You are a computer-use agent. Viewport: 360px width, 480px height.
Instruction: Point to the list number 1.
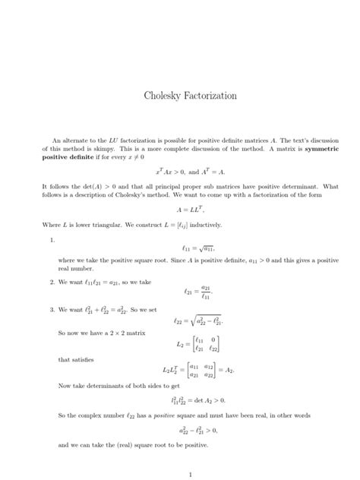pyautogui.click(x=51, y=239)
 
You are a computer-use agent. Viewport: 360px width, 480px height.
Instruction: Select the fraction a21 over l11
pyautogui.click(x=202, y=291)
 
